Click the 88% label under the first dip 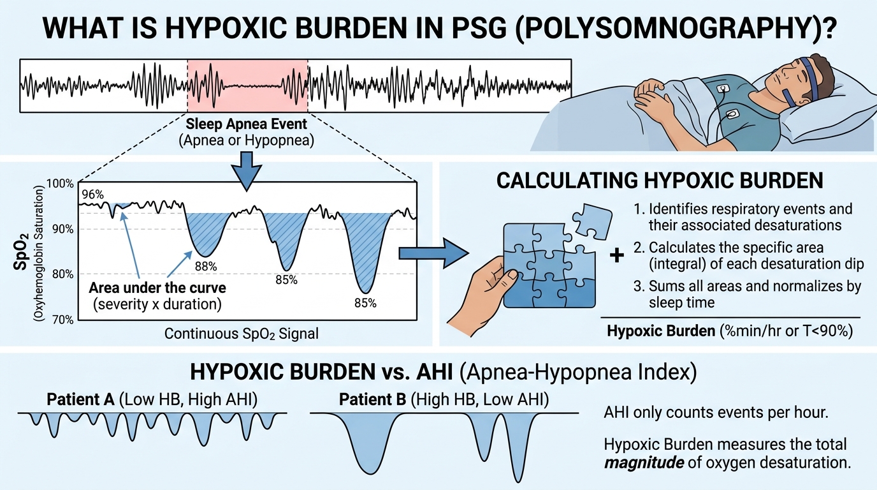206,267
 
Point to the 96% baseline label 93,195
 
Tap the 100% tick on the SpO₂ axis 60,184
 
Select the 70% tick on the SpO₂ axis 62,320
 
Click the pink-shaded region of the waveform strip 247,86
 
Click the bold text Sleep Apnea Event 246,124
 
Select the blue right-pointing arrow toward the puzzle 434,253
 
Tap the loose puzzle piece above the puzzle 592,221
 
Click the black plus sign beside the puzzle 617,256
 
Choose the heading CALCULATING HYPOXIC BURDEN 660,181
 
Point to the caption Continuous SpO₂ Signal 241,334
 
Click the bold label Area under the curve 157,288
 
